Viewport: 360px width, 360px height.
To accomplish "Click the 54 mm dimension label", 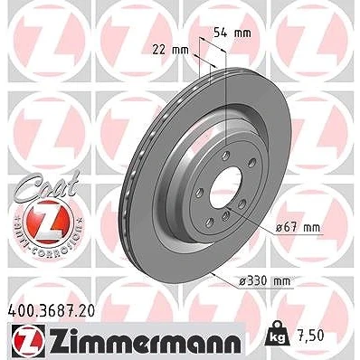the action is pos(232,33).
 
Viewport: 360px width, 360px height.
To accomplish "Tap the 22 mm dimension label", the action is pos(170,50).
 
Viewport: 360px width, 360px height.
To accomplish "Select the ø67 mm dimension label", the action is pos(298,227).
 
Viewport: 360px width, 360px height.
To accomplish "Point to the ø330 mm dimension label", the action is pos(264,281).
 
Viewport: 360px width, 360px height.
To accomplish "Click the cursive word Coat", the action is pos(48,185).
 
